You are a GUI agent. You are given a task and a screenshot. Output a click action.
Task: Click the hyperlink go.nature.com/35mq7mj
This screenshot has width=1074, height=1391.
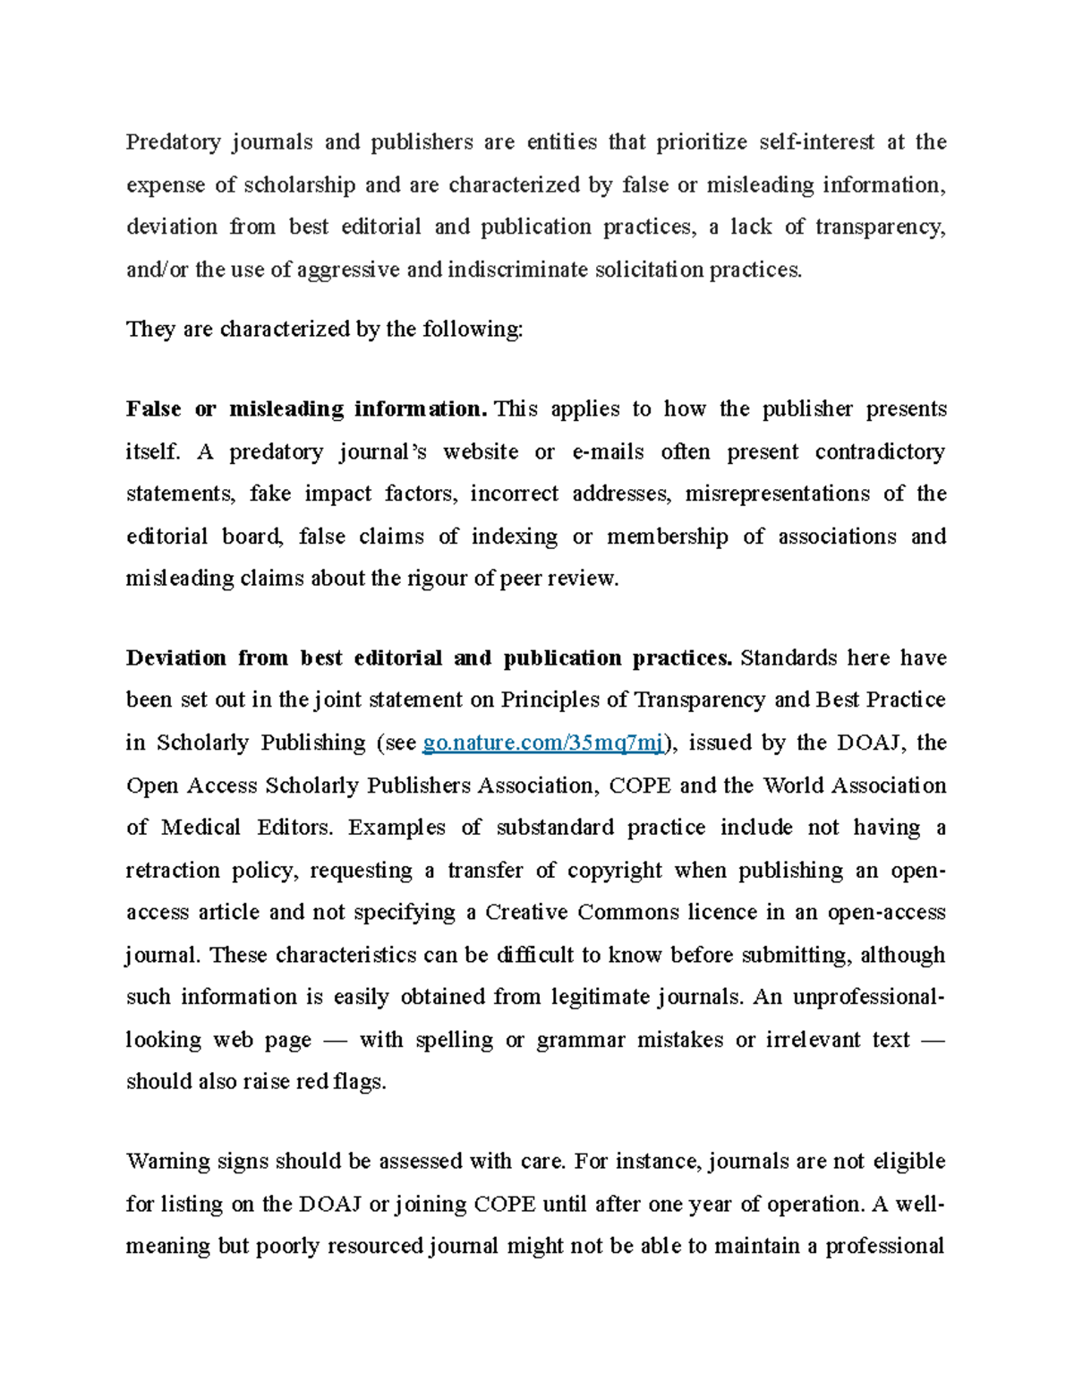tap(543, 743)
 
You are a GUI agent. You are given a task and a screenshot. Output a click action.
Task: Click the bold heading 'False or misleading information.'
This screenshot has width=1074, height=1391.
tap(307, 409)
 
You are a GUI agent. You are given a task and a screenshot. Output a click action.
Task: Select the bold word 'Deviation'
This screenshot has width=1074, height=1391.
tap(175, 658)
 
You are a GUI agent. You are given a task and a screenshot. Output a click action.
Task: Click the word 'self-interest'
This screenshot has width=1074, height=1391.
tap(816, 142)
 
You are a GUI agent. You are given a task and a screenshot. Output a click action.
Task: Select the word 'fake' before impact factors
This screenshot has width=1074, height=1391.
tap(269, 494)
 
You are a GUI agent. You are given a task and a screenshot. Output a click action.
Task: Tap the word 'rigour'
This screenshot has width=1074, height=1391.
tap(438, 579)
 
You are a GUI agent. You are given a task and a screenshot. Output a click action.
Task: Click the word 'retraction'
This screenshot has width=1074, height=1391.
tap(172, 871)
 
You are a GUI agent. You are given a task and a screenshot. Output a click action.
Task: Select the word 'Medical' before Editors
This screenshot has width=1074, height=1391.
tap(200, 828)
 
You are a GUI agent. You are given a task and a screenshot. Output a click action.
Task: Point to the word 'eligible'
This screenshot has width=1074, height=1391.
tap(908, 1162)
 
